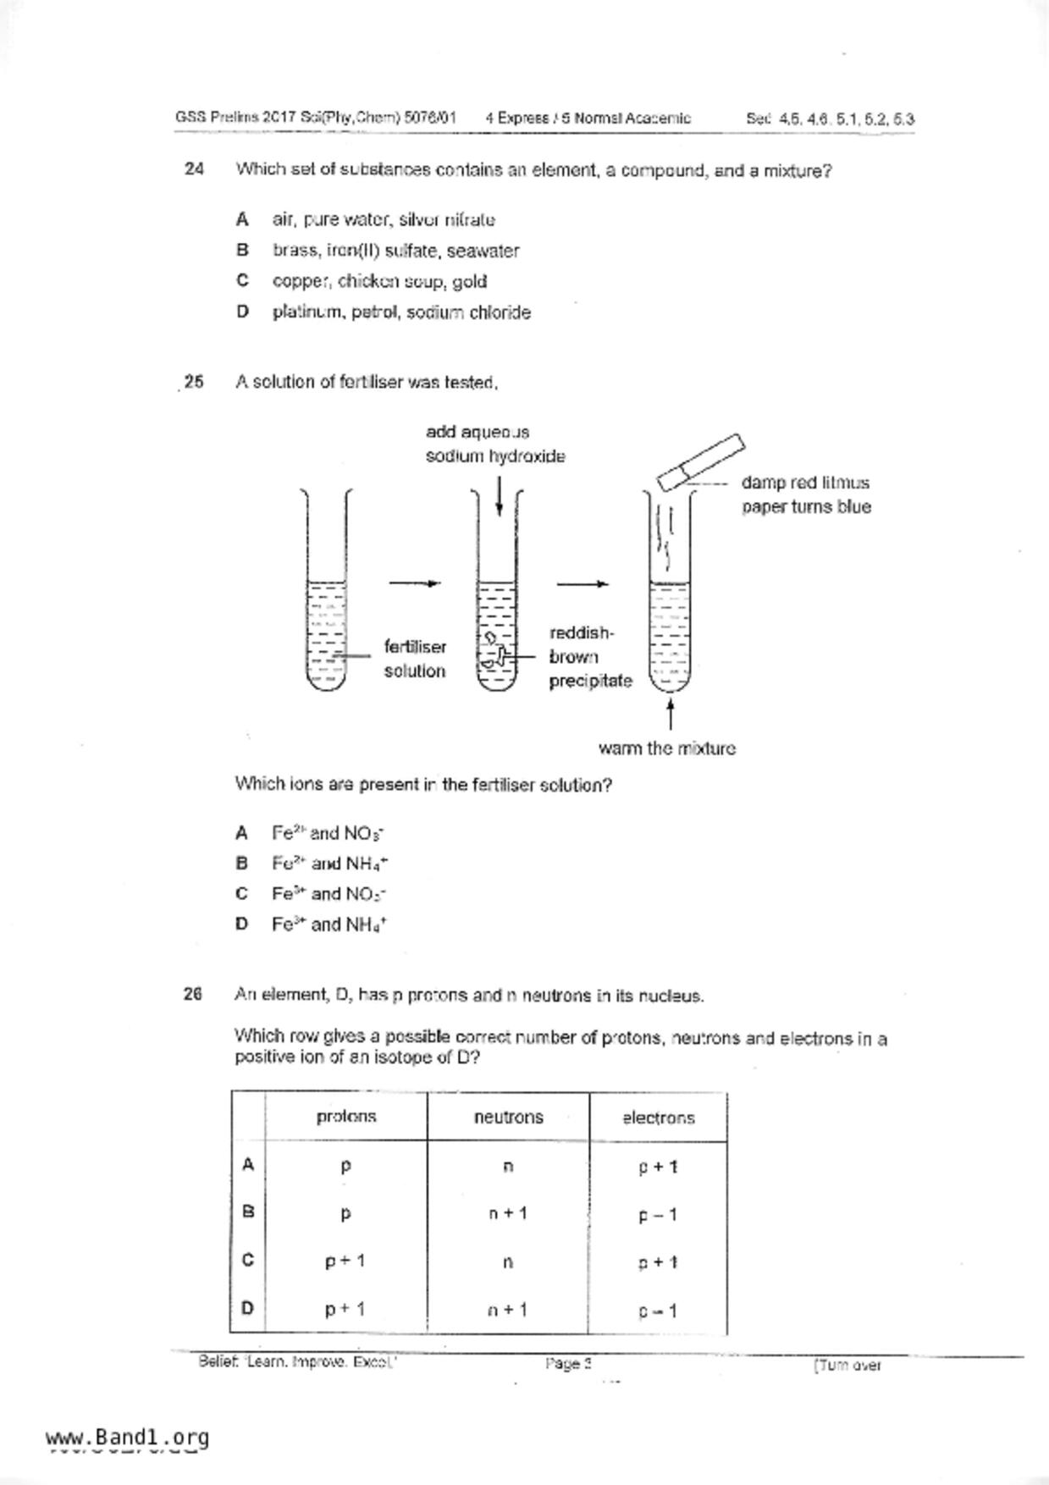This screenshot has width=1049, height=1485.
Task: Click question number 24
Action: (x=194, y=169)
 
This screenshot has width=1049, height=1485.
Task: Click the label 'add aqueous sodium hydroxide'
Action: (x=494, y=444)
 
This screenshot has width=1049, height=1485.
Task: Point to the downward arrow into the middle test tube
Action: (x=500, y=495)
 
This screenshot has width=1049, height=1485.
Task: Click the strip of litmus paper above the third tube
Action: (x=701, y=461)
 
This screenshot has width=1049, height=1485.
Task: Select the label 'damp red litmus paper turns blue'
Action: (x=805, y=494)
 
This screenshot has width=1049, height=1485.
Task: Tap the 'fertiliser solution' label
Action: (x=414, y=659)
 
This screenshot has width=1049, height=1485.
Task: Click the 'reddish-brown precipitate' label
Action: (x=589, y=657)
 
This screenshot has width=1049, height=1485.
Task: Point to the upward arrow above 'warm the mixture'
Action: (x=671, y=714)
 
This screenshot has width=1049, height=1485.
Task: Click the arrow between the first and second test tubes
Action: (x=414, y=582)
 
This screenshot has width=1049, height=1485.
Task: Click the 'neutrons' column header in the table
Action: (x=508, y=1117)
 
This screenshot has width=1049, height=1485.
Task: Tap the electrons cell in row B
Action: (x=658, y=1215)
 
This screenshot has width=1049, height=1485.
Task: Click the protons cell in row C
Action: (x=345, y=1261)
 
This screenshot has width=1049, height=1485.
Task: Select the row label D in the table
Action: (x=247, y=1308)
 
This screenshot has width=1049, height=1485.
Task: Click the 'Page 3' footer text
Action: (x=568, y=1364)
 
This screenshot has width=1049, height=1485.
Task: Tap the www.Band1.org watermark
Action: (x=127, y=1438)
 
